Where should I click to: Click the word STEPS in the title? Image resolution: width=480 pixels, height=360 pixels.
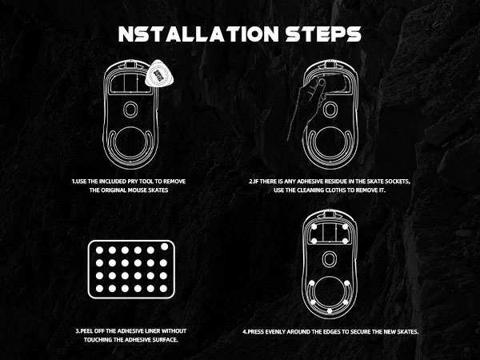tap(323, 34)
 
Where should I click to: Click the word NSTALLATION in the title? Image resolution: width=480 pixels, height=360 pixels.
tap(198, 34)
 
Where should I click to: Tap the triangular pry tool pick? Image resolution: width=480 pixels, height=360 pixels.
tap(159, 74)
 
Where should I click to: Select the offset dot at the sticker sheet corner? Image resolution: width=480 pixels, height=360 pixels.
tap(164, 246)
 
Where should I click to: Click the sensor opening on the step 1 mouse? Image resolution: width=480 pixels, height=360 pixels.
tap(130, 109)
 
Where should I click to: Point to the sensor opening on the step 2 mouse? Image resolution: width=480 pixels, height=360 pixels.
tap(330, 110)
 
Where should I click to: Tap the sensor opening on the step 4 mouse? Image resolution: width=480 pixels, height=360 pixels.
tap(330, 259)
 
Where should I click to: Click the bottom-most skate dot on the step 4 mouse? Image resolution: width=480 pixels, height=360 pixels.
tap(330, 311)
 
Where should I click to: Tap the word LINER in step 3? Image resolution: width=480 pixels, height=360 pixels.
tap(151, 331)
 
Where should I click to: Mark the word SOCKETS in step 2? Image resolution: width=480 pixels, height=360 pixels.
tap(397, 182)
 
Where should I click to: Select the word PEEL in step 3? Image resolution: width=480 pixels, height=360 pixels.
tap(86, 331)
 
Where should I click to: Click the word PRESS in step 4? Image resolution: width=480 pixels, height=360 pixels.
tap(257, 332)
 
